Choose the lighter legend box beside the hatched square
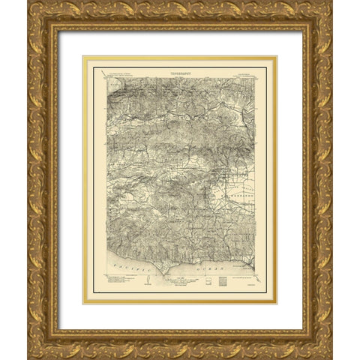point(208,283)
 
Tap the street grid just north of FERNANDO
point(238,177)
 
